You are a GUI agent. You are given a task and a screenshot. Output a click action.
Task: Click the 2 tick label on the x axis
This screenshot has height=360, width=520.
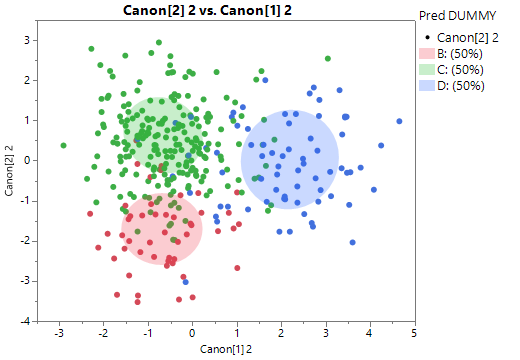281,333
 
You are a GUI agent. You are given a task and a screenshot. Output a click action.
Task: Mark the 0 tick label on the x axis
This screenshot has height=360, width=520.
193,333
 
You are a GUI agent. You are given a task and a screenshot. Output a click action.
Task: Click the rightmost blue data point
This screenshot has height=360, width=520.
399,122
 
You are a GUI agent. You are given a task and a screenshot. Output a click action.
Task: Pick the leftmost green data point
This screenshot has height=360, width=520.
63,146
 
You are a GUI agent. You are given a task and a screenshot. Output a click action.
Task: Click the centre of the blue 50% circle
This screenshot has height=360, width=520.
289,160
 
